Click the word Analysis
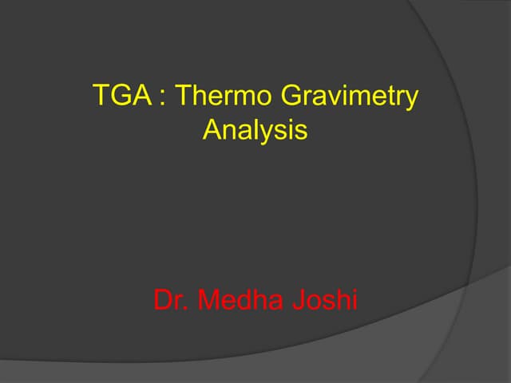pyautogui.click(x=255, y=130)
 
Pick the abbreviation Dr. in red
pyautogui.click(x=171, y=300)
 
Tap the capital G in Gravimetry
pyautogui.click(x=292, y=97)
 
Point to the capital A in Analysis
pyautogui.click(x=212, y=129)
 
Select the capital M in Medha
pyautogui.click(x=209, y=300)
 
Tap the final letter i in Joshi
pyautogui.click(x=355, y=300)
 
